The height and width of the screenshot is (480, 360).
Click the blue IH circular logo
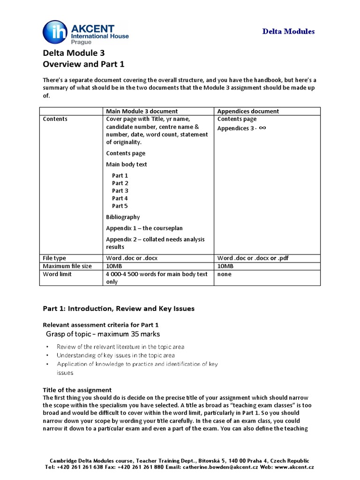(54, 32)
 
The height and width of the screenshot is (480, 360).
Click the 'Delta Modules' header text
(288, 31)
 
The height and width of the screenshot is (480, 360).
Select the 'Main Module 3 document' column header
(142, 111)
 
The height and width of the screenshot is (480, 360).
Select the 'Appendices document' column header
(248, 111)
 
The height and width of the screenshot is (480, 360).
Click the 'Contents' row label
(55, 119)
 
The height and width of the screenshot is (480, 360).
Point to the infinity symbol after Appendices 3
(262, 127)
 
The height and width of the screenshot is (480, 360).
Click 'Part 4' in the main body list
(120, 198)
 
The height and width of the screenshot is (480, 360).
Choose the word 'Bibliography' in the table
(123, 217)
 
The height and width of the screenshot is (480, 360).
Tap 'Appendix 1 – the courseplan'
(144, 228)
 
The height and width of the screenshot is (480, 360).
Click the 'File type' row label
(54, 258)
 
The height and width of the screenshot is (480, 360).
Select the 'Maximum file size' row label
(67, 266)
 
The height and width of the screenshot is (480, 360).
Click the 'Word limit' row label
(57, 274)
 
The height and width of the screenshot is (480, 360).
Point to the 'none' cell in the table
(225, 274)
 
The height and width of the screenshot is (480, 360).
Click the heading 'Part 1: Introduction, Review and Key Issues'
(118, 308)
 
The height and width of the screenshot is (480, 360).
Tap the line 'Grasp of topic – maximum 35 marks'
(103, 334)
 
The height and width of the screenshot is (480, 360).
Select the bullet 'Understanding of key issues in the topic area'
(115, 356)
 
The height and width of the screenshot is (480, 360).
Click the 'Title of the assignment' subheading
(77, 390)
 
